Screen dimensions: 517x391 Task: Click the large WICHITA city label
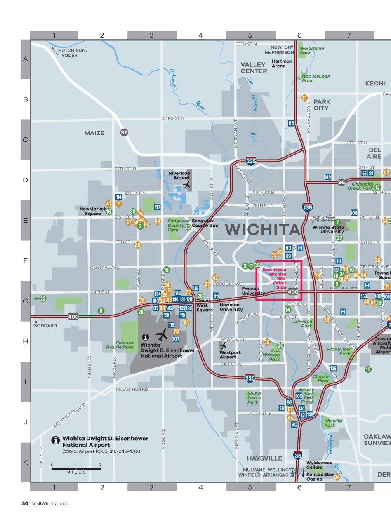(262, 230)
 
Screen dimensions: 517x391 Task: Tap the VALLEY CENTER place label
(254, 68)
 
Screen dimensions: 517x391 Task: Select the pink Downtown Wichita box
(279, 280)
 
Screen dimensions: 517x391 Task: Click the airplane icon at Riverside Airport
(187, 185)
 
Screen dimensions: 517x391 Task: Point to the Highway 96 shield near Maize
(124, 132)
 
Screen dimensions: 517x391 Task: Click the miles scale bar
(76, 468)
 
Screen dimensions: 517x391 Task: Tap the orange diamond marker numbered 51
(304, 98)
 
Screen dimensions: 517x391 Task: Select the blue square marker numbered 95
(291, 123)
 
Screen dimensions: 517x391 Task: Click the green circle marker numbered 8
(101, 310)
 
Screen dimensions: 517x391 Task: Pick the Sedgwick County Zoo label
(205, 223)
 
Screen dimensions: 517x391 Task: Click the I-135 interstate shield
(307, 207)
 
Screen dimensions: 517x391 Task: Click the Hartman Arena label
(282, 63)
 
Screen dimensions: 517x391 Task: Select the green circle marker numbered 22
(42, 298)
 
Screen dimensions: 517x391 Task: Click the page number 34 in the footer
(25, 503)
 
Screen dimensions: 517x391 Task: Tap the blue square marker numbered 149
(327, 177)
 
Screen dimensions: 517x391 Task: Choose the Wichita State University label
(328, 229)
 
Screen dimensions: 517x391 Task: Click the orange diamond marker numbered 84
(337, 477)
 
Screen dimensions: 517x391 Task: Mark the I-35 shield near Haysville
(298, 455)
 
